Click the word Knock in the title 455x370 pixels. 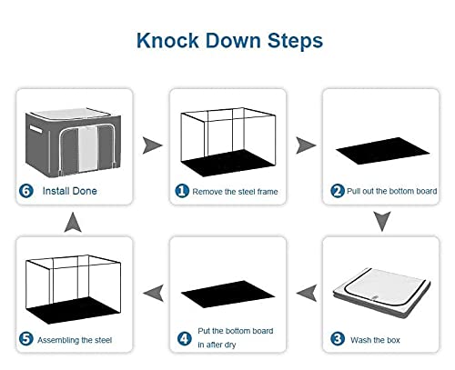point(167,40)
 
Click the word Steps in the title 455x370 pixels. point(295,41)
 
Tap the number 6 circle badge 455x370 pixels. point(26,191)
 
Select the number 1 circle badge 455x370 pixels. point(182,191)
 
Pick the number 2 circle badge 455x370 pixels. point(338,191)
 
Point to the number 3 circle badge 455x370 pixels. point(338,339)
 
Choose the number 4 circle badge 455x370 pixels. point(185,338)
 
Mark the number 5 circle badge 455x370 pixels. point(26,339)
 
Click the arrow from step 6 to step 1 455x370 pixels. point(152,145)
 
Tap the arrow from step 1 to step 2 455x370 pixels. point(306,145)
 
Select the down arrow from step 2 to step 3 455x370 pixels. point(382,221)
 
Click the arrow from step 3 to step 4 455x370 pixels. point(307,293)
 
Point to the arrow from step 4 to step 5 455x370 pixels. point(153,293)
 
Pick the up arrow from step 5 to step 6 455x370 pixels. point(73,223)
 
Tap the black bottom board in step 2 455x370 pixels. point(382,151)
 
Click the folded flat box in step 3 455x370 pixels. point(381,293)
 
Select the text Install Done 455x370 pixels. point(70,191)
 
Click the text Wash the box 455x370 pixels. point(375,340)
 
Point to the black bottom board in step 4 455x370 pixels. point(228,294)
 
